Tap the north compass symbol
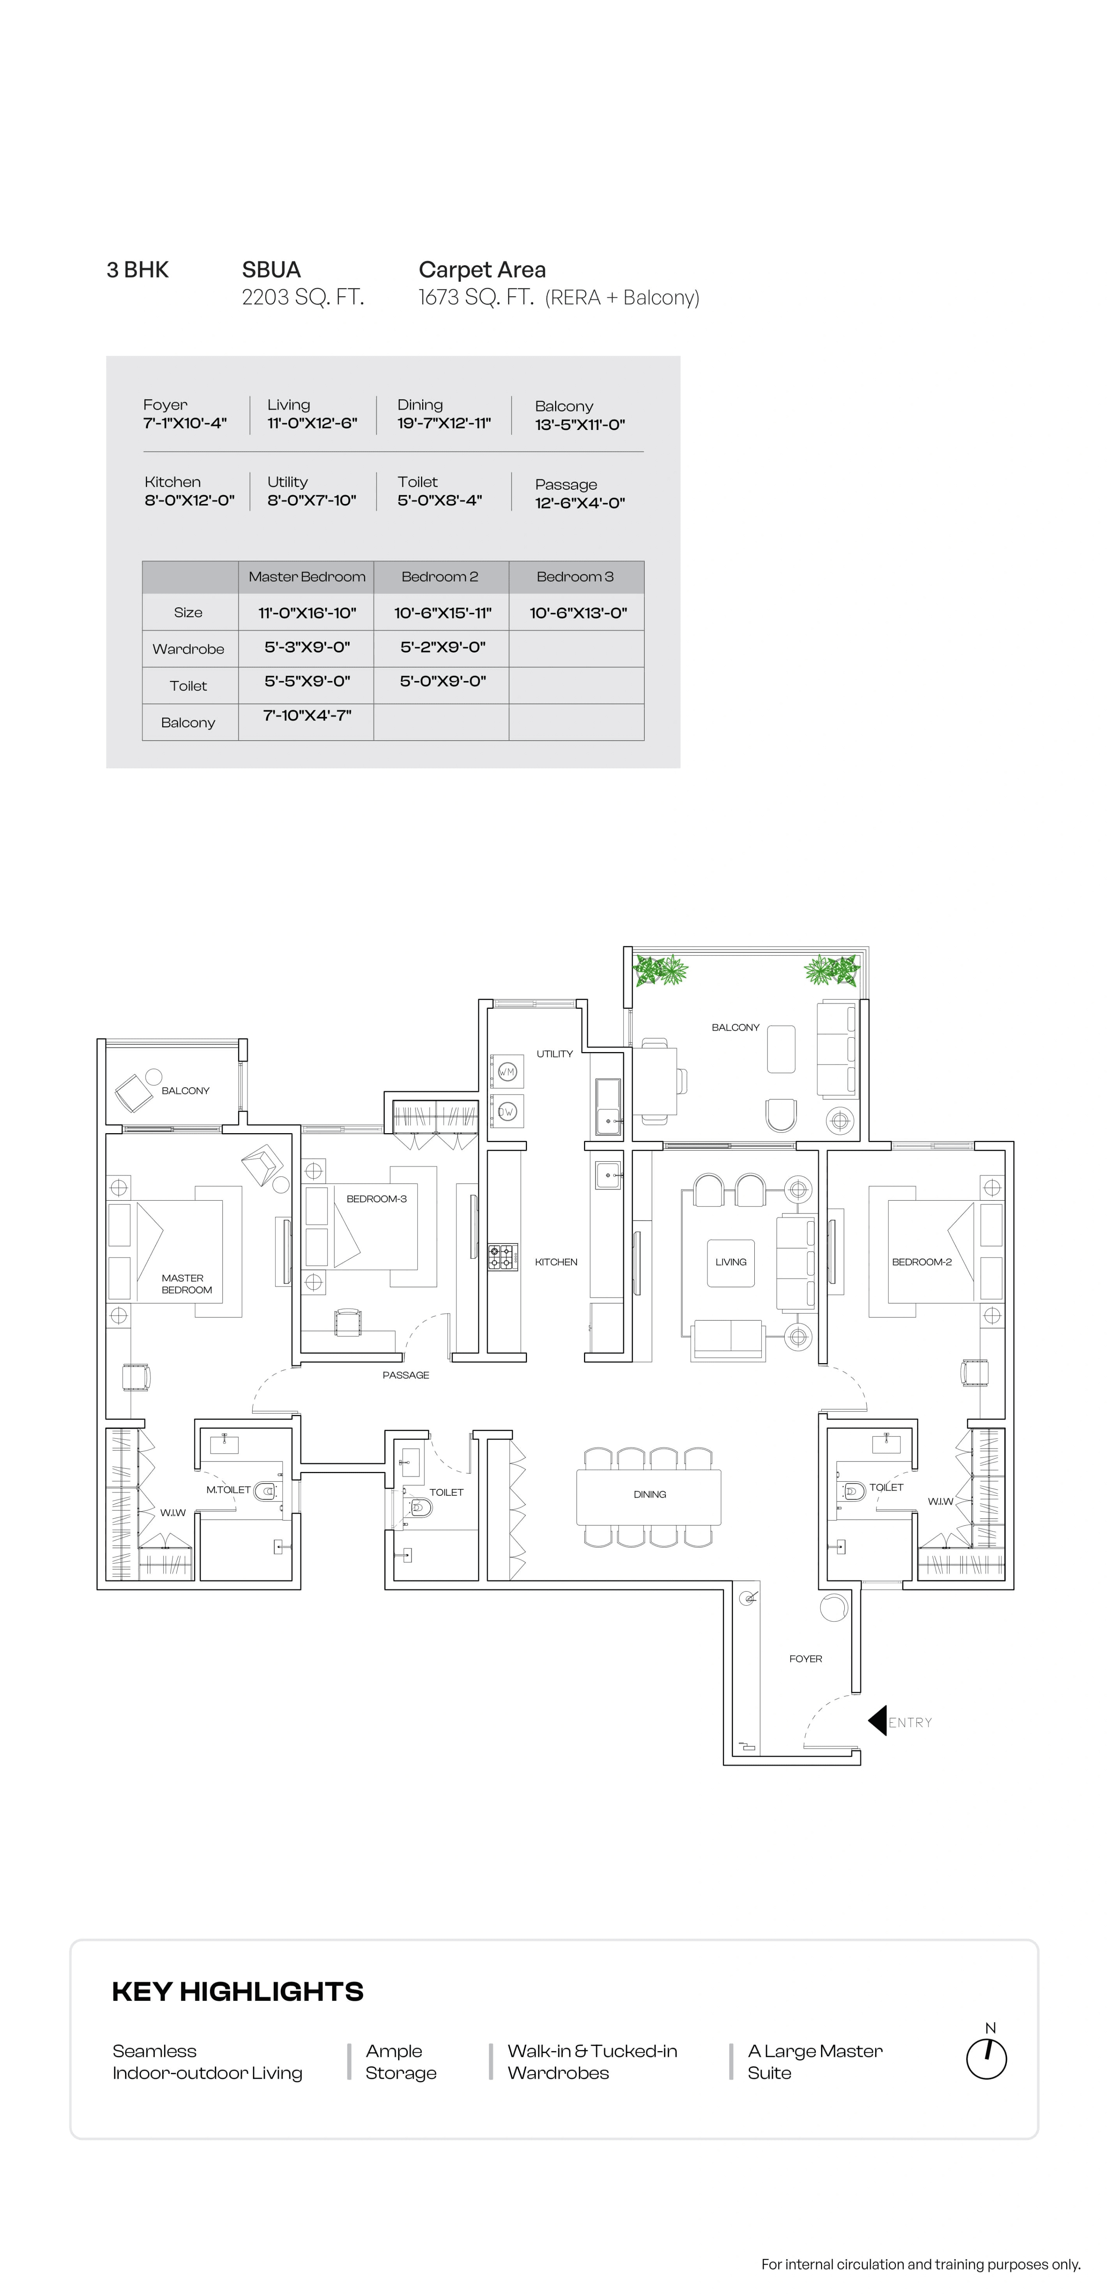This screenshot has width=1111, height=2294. pyautogui.click(x=986, y=2058)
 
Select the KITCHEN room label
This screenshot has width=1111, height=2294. pyautogui.click(x=555, y=1262)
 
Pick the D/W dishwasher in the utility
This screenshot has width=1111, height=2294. pyautogui.click(x=506, y=1111)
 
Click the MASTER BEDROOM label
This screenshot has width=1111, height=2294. pyautogui.click(x=186, y=1283)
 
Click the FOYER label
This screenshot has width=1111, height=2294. pyautogui.click(x=805, y=1658)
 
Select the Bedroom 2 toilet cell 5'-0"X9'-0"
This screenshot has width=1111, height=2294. pyautogui.click(x=442, y=681)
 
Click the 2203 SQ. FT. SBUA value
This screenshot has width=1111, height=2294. pyautogui.click(x=303, y=297)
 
